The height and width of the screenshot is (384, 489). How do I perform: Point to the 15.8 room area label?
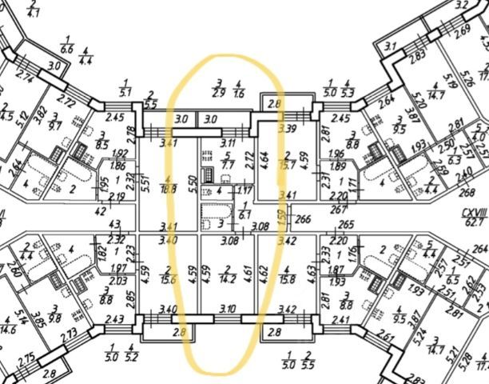pos(288,280)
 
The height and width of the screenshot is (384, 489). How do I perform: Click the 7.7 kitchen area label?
pos(227,166)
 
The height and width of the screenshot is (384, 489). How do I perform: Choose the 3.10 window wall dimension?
pos(228,308)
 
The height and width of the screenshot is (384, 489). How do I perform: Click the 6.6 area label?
pos(67,50)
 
